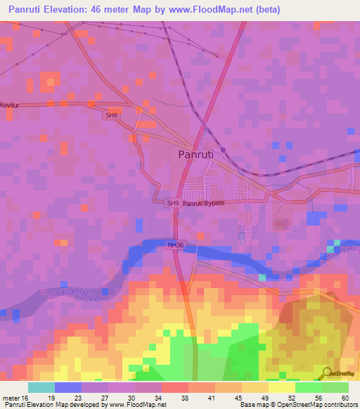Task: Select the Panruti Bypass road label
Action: (204, 203)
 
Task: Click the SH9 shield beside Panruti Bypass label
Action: (173, 203)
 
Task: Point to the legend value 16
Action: (28, 398)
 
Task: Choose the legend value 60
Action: (345, 398)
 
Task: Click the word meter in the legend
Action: (11, 398)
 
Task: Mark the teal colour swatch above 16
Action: (41, 387)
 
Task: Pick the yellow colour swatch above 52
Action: (282, 387)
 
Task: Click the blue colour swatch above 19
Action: (68, 387)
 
